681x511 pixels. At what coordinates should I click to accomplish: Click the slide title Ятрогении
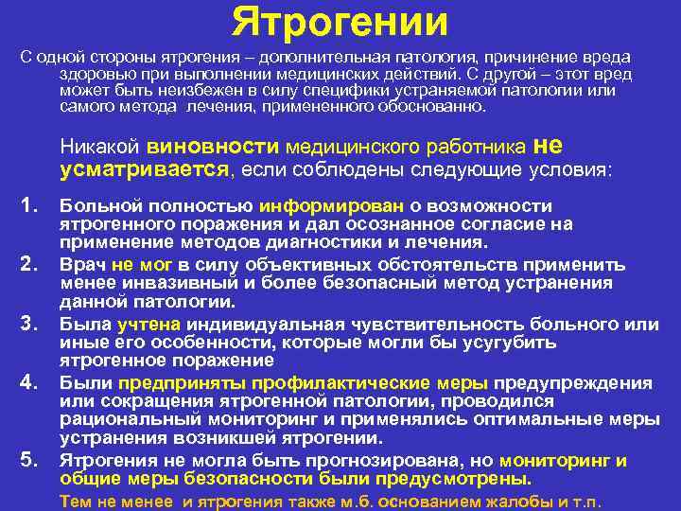(x=340, y=21)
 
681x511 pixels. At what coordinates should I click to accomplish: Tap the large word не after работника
(x=550, y=146)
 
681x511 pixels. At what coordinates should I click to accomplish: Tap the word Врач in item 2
(x=83, y=266)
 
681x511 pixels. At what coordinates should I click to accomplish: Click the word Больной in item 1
(x=99, y=207)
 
